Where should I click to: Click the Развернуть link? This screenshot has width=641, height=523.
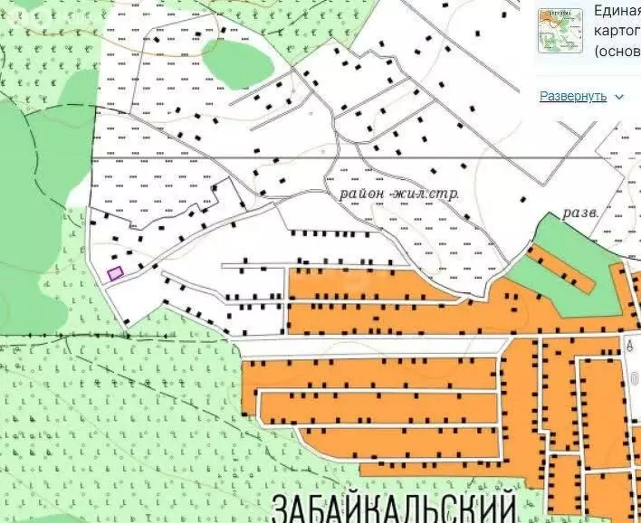(x=572, y=96)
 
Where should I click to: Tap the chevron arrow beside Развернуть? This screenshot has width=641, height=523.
(x=619, y=97)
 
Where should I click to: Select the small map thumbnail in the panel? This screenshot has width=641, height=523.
(x=560, y=30)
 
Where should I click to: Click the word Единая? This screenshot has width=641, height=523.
(x=617, y=11)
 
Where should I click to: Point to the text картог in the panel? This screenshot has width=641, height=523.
(x=617, y=30)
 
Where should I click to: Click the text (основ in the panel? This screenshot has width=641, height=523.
(x=617, y=51)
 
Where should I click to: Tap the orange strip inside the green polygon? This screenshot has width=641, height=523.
(x=562, y=269)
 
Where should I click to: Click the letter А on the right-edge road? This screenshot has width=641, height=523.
(x=629, y=344)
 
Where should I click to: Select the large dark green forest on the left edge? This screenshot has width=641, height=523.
(x=32, y=226)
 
